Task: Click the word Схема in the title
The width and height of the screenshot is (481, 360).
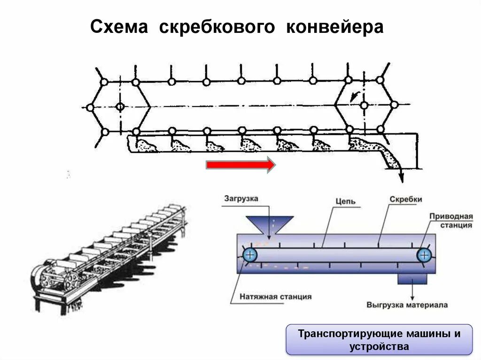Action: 119,27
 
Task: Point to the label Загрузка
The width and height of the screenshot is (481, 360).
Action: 241,199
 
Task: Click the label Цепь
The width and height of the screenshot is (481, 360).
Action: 345,202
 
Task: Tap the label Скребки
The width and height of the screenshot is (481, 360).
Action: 406,199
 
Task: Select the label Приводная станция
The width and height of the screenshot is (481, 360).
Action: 450,221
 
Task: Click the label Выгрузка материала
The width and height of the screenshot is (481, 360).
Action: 407,305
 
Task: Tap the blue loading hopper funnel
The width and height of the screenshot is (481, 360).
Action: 270,224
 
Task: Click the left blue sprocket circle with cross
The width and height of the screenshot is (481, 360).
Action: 250,255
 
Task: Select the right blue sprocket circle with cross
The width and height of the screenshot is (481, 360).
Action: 424,255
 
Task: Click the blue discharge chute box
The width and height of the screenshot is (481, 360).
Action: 412,279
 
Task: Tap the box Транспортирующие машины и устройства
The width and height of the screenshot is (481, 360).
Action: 379,340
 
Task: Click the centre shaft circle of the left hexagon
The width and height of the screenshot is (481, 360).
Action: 120,107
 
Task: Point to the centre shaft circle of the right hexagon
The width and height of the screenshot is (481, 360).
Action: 364,106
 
